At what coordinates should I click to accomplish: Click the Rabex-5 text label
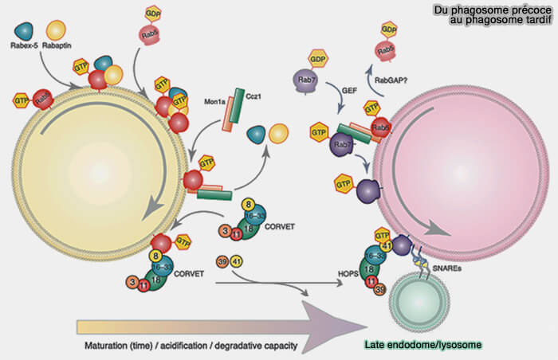point(25,46)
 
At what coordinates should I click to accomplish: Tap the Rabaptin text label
point(58,46)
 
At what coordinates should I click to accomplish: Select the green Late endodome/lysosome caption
point(423,346)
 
